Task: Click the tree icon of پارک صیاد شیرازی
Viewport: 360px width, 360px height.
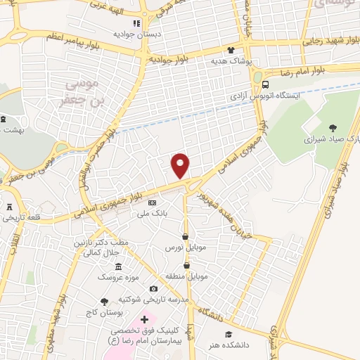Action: (332, 128)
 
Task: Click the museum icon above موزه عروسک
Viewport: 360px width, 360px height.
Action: (118, 266)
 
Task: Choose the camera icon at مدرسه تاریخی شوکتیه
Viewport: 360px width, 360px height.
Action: (154, 289)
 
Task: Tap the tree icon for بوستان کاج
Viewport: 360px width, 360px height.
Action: (105, 300)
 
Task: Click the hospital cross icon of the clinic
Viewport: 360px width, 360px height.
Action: (145, 319)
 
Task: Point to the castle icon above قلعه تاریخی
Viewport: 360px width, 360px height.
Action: (10, 207)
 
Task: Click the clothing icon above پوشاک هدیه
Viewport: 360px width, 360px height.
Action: (232, 51)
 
